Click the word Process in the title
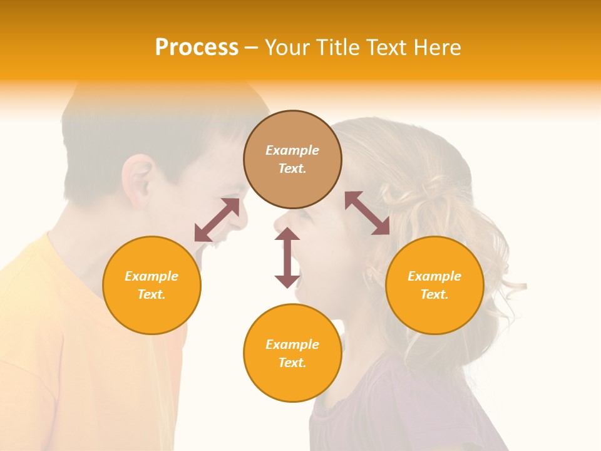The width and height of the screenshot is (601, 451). (x=197, y=48)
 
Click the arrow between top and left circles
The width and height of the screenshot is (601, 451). (x=217, y=220)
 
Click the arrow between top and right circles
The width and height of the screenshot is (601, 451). (x=367, y=213)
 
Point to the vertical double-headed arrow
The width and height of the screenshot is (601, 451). (x=287, y=257)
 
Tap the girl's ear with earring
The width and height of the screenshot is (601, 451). (x=371, y=273)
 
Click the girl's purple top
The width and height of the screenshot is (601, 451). (x=401, y=407)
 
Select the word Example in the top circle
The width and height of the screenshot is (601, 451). (x=292, y=150)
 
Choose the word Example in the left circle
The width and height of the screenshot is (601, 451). (x=152, y=276)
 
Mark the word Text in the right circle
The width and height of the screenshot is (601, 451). (x=433, y=294)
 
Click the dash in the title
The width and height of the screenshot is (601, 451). (x=251, y=48)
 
